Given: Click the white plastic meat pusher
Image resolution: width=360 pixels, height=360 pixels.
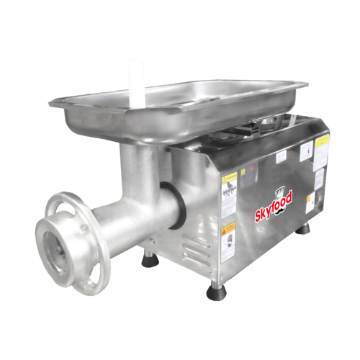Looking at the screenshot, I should coord(135,81).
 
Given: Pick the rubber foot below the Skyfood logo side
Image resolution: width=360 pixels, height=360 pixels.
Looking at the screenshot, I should coord(305,229).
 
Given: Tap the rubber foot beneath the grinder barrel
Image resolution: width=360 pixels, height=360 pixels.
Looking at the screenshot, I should coord(148,256).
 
